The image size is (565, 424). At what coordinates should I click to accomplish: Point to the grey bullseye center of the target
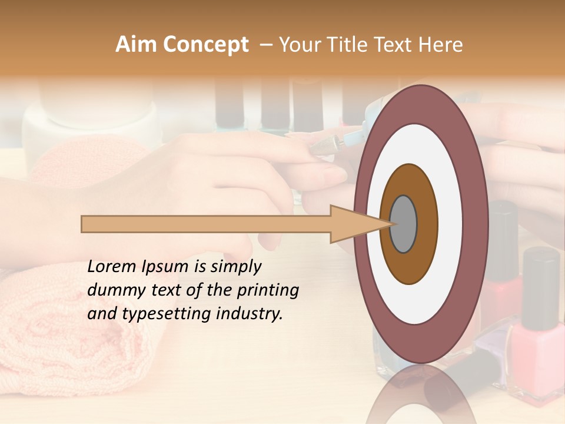coord(404,224)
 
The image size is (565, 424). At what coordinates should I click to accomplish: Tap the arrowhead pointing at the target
coord(353,224)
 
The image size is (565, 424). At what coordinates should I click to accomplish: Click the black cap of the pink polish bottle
coord(540,289)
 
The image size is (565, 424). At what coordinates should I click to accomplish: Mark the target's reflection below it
coord(420,395)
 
